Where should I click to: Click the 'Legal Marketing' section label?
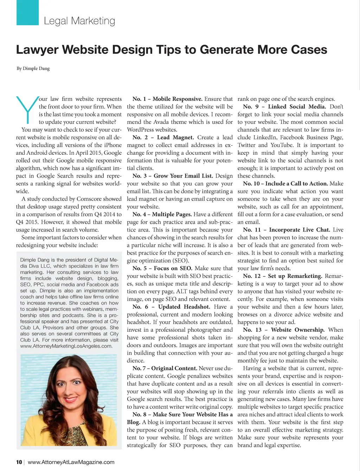(79, 21)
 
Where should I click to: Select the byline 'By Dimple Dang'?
(33, 68)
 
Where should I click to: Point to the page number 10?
(19, 462)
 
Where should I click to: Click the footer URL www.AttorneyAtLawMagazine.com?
(71, 462)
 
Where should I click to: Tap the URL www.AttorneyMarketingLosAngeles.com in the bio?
(66, 346)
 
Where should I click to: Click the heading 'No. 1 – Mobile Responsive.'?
(167, 99)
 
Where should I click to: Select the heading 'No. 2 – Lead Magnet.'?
(163, 138)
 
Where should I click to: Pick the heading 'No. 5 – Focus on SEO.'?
(162, 268)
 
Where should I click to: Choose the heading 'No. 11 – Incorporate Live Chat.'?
(286, 230)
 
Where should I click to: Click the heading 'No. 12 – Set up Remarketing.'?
(282, 276)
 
